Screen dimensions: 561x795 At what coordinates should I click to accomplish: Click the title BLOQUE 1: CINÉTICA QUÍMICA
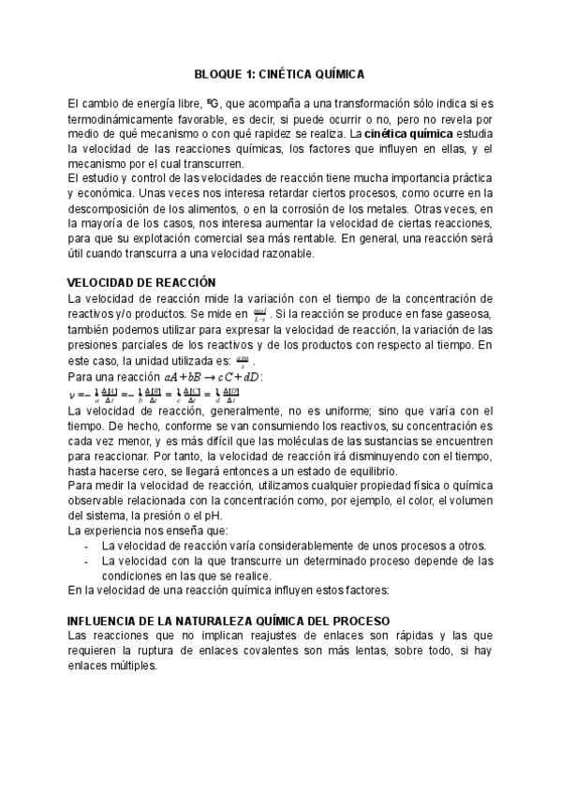(x=280, y=72)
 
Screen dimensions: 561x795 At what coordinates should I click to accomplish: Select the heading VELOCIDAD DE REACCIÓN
(x=142, y=282)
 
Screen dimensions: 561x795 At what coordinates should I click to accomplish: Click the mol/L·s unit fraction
(x=259, y=312)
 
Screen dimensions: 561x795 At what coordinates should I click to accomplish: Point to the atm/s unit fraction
(x=243, y=359)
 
